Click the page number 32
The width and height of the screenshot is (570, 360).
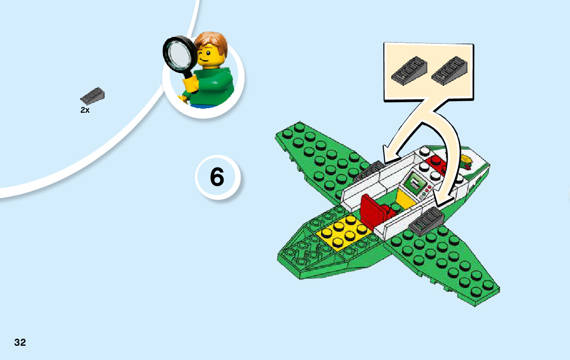point(20,342)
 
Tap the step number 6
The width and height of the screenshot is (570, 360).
point(217,177)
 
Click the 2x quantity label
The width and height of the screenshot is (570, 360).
point(85,110)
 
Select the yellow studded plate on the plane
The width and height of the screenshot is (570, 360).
point(342,233)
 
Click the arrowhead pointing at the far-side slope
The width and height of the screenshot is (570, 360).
point(389,154)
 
